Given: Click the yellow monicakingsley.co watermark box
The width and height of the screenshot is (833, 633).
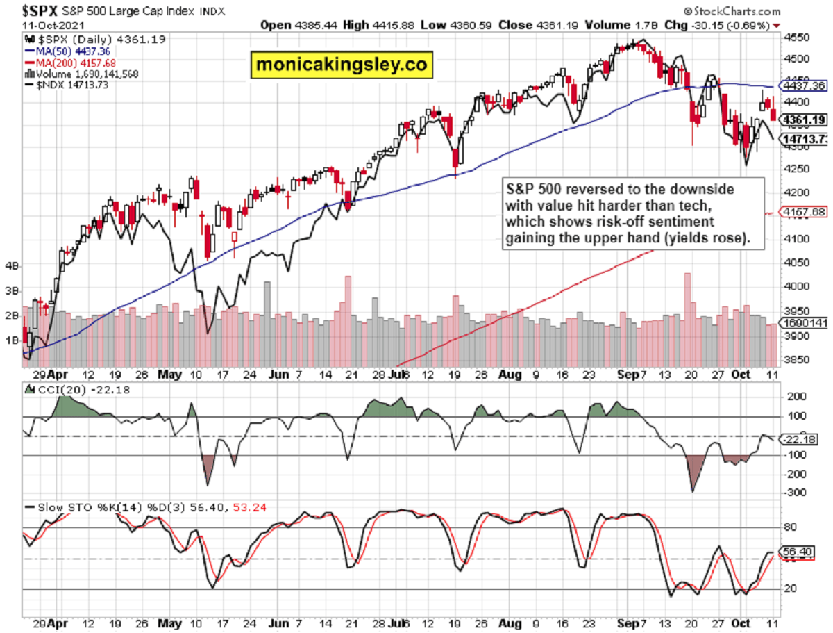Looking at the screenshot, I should [341, 64].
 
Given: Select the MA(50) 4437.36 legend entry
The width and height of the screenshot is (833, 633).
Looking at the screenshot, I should [67, 51].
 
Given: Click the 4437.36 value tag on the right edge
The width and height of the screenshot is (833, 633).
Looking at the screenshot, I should [803, 86].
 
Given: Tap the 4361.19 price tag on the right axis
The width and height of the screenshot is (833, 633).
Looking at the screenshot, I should [803, 120].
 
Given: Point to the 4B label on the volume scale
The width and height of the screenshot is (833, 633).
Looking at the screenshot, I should [11, 265].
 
